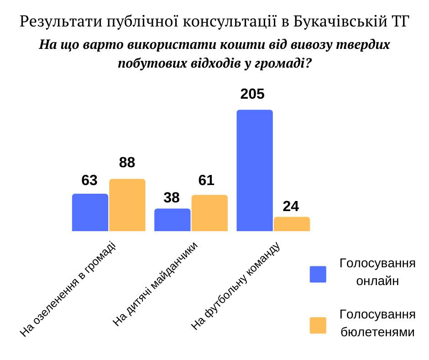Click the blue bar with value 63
90,212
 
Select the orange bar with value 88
127,205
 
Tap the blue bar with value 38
172,220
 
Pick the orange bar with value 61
209,213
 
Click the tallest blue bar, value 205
254,170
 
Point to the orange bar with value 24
292,224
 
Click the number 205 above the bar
252,94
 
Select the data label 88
127,163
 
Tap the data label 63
89,180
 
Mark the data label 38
172,197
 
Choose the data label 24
291,206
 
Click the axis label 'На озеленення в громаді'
68,290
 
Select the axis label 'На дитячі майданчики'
156,285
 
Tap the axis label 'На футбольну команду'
235,286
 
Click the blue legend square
318,274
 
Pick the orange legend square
318,325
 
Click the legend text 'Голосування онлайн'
377,272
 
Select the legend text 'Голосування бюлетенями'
377,323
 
